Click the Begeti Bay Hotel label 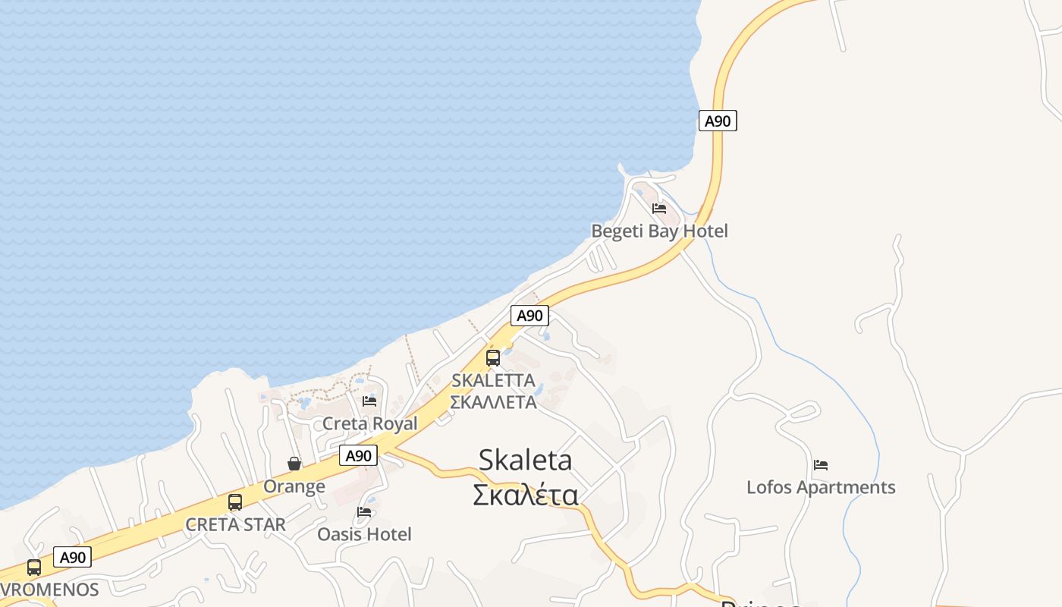(659, 231)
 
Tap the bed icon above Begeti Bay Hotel (659, 209)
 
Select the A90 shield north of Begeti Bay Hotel (717, 121)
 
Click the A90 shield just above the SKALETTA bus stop (529, 316)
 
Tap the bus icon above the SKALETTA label (493, 357)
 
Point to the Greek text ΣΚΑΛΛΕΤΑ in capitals (493, 402)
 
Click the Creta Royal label (370, 423)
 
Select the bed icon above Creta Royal (369, 401)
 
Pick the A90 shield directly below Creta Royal (357, 455)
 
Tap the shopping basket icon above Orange (294, 464)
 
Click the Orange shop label (294, 486)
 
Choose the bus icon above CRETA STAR (235, 502)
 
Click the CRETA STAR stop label (235, 524)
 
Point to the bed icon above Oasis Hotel (364, 512)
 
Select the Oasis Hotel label (364, 534)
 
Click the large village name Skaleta (525, 460)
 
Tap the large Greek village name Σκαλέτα (525, 495)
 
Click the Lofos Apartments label (821, 487)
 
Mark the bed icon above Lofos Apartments (820, 465)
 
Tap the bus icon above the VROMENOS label (34, 567)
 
